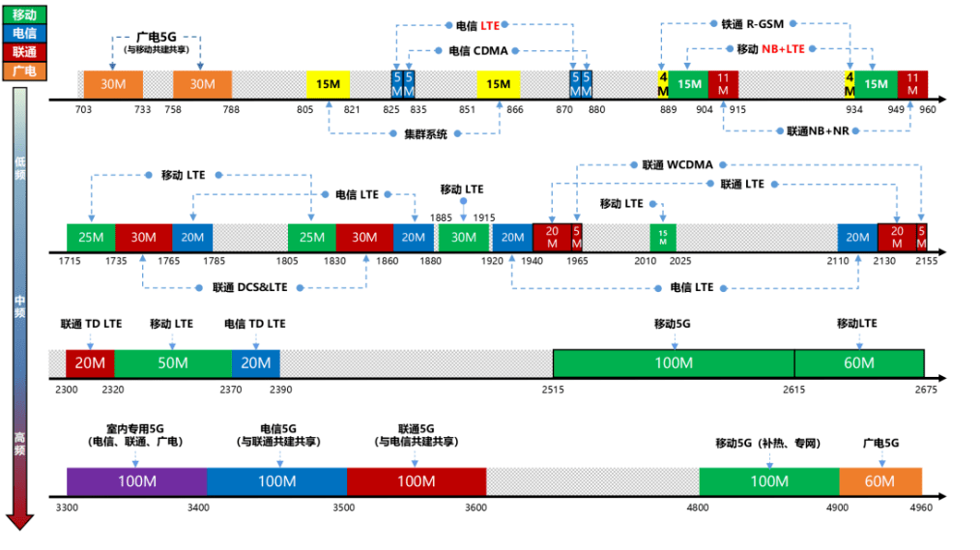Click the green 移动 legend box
point(25,15)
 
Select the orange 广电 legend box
point(25,70)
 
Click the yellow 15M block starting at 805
point(328,84)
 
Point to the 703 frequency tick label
point(83,109)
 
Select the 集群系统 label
point(425,134)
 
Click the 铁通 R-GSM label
point(752,23)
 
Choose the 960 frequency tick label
point(928,109)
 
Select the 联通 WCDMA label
point(677,164)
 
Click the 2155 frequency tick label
point(926,262)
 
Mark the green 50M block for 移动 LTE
point(173,362)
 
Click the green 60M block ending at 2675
point(859,362)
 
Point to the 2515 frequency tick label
point(553,389)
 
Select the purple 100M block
point(136,480)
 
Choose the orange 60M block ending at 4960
point(880,480)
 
